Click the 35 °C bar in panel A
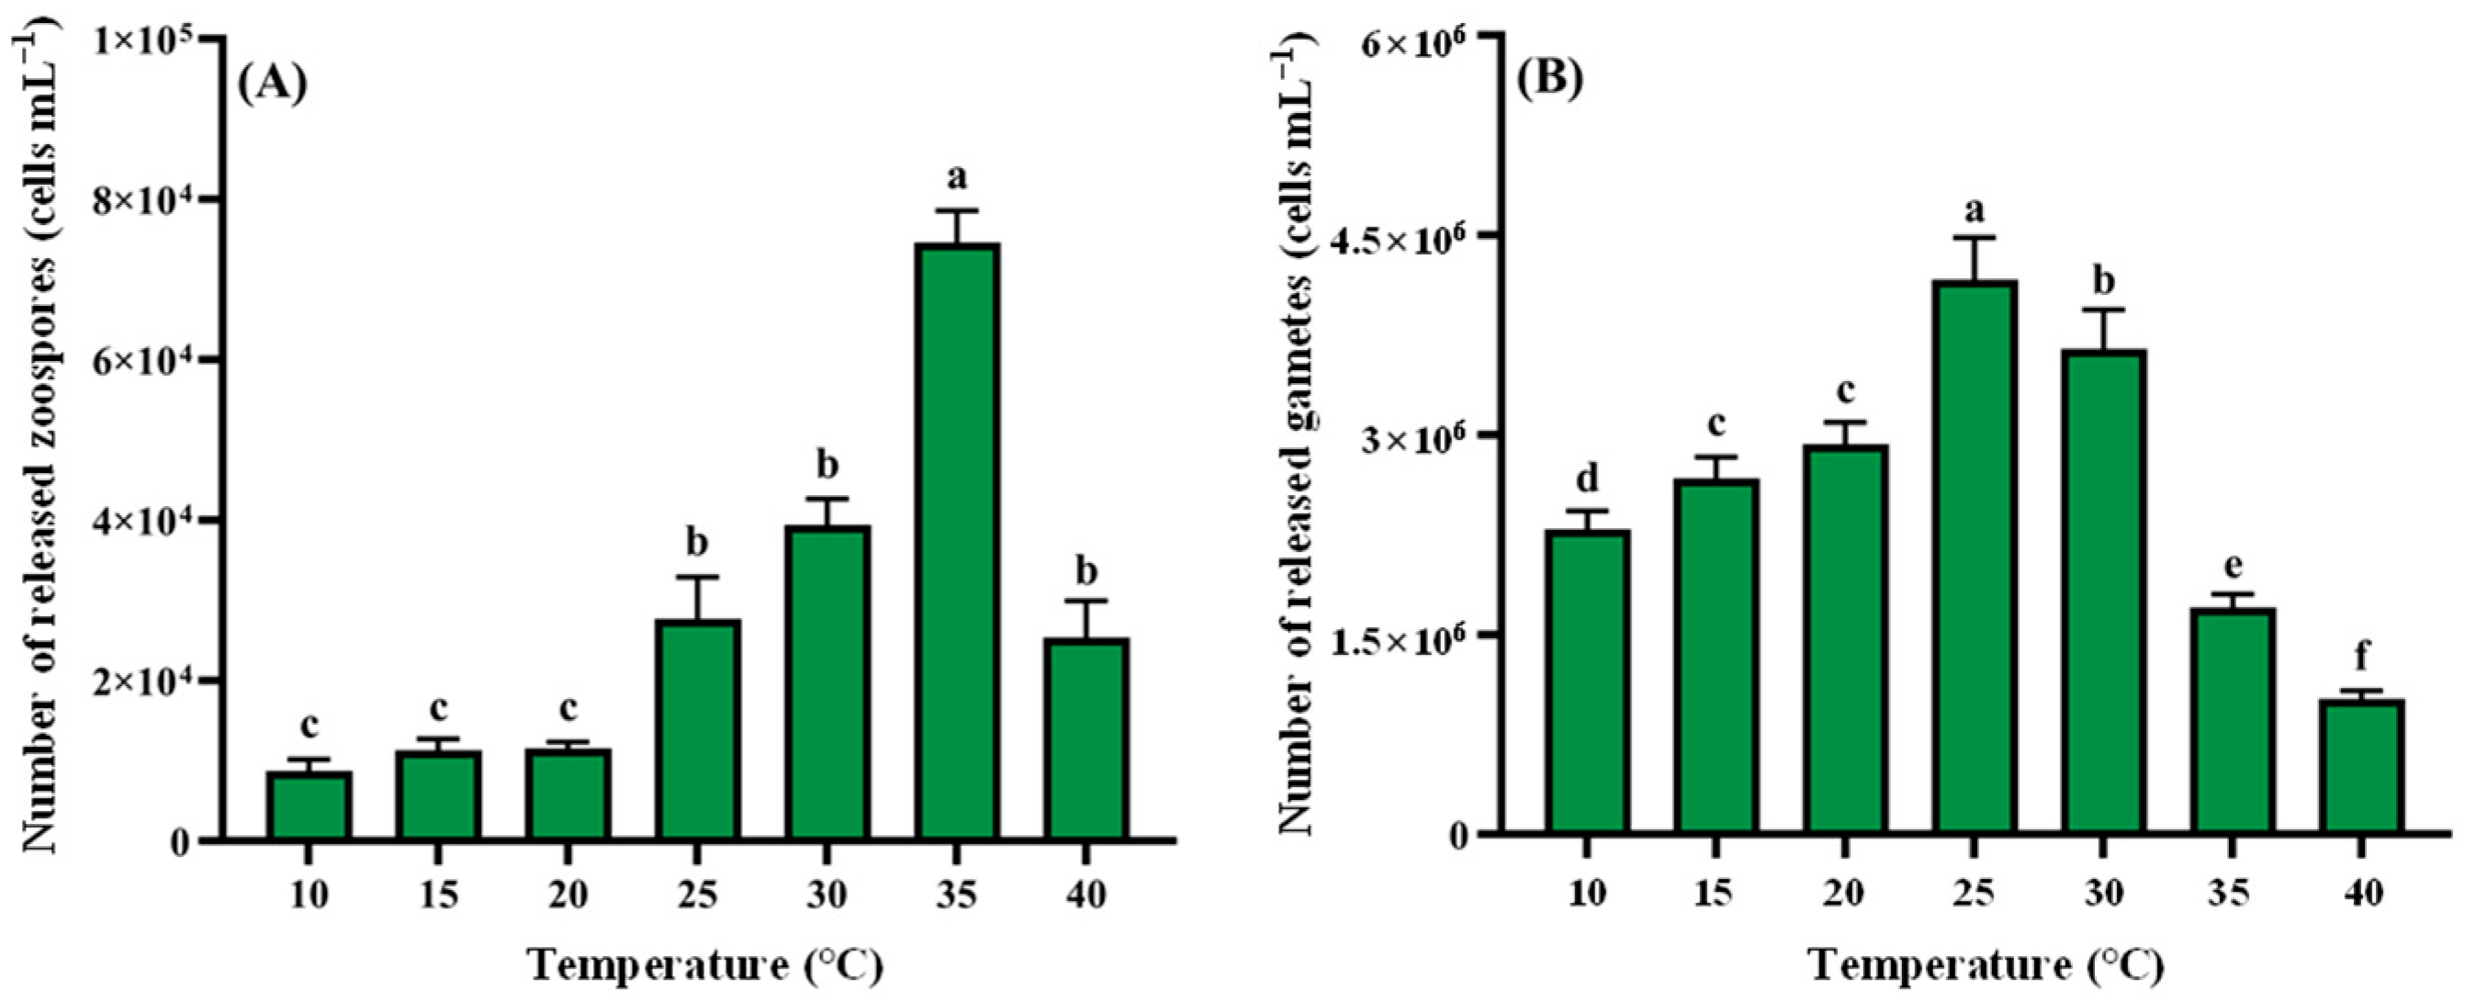(957, 542)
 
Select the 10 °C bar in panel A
(309, 805)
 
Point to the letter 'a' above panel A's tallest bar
(957, 178)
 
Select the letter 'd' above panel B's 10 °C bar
(1587, 478)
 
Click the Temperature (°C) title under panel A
(705, 967)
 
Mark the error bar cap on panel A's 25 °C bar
(698, 577)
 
